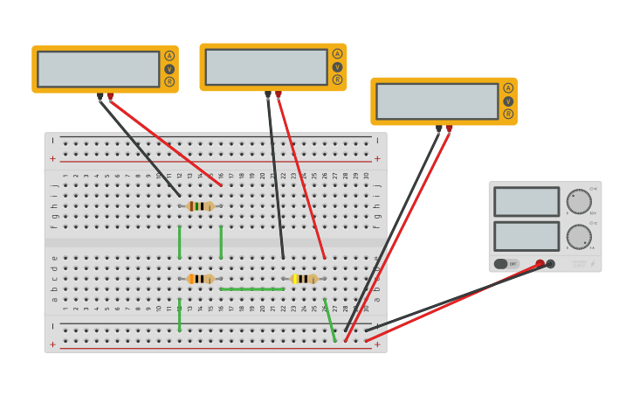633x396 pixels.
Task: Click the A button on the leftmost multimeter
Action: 169,56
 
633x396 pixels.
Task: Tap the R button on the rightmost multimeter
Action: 508,114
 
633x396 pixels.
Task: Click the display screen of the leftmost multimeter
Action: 98,69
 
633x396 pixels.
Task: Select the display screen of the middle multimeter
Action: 266,67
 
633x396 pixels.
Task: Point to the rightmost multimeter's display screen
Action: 437,101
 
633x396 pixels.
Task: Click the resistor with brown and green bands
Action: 200,206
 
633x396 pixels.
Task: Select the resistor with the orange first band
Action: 200,279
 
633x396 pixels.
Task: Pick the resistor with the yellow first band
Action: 304,279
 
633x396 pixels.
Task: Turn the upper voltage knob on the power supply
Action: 579,202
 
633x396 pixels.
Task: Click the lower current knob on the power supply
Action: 579,237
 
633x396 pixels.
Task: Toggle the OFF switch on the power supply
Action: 506,263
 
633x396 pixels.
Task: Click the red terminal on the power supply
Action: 540,263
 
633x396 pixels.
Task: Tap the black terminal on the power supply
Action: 551,263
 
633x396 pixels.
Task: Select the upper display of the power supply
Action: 526,202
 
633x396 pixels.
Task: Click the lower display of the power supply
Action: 526,236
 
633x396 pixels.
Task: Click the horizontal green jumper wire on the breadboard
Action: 251,288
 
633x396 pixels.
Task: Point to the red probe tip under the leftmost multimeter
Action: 110,95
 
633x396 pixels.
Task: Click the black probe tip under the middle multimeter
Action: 268,94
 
